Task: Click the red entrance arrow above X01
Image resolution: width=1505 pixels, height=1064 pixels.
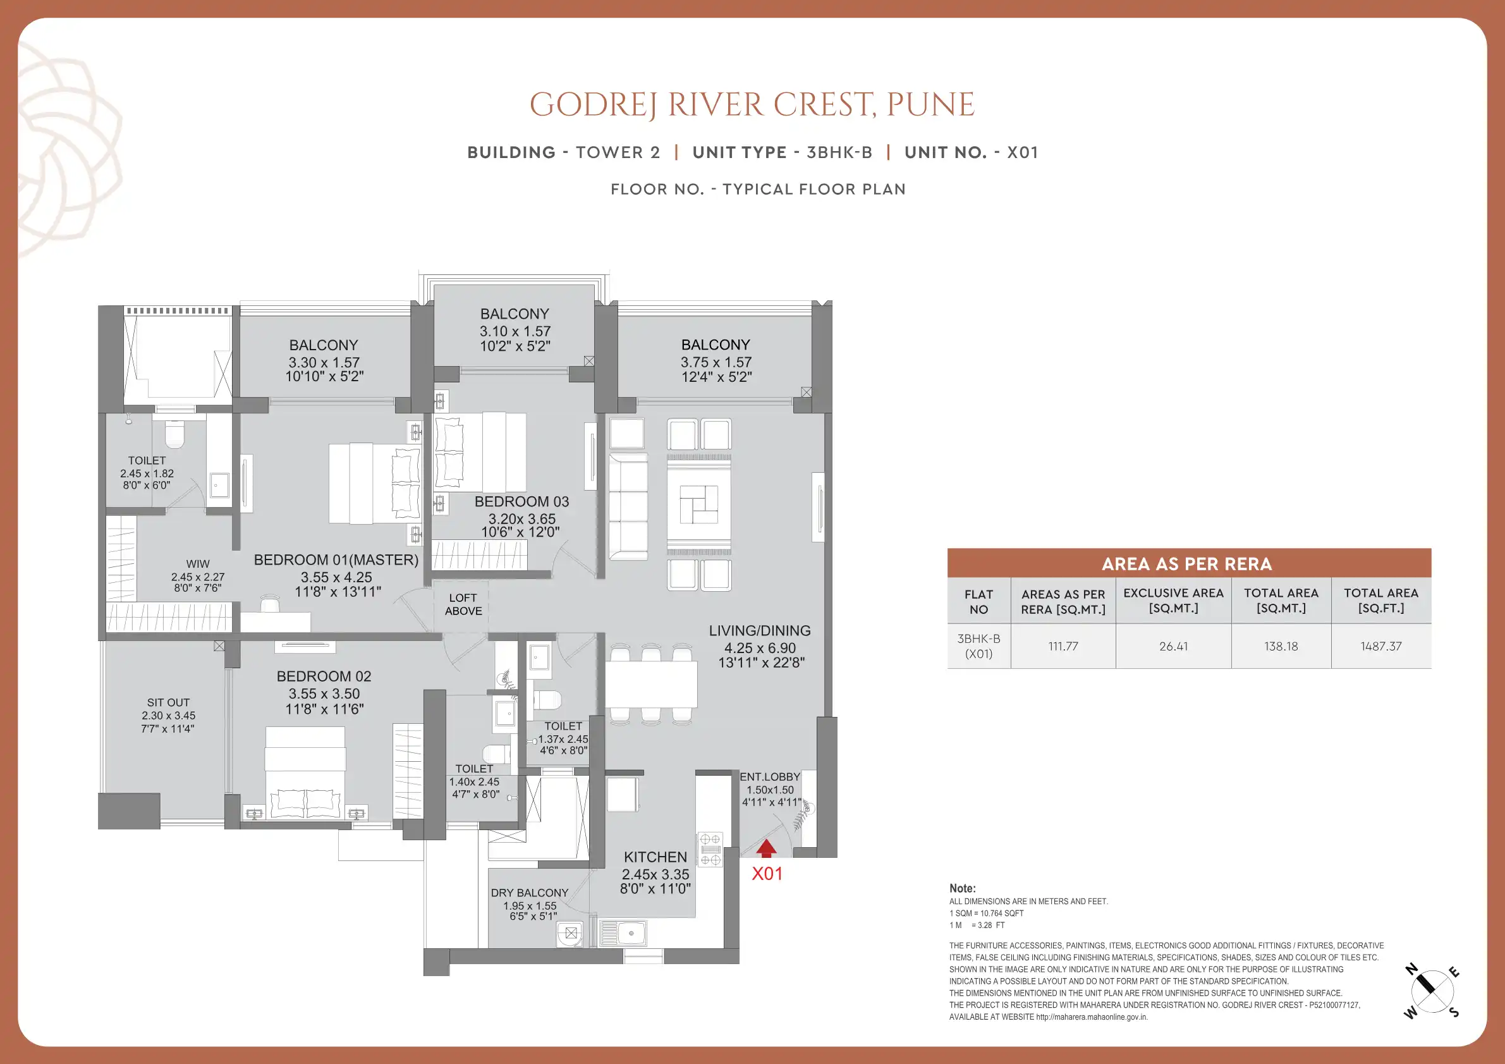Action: click(x=766, y=849)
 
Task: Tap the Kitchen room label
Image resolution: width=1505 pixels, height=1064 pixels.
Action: click(x=655, y=857)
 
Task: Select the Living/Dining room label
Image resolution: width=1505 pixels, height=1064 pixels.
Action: click(x=760, y=631)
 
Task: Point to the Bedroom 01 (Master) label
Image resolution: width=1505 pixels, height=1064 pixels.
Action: click(x=336, y=560)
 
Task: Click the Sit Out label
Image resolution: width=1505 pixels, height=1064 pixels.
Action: click(x=169, y=702)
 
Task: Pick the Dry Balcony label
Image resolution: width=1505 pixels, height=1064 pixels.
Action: click(x=530, y=893)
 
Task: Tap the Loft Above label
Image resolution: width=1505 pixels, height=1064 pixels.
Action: click(x=463, y=604)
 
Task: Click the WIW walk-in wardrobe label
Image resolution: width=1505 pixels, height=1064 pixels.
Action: click(x=198, y=564)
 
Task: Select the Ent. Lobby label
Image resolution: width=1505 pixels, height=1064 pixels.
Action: click(x=769, y=777)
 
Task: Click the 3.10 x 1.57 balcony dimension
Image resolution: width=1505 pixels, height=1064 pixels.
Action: click(x=515, y=331)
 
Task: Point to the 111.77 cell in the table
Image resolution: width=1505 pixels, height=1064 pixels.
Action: click(x=1063, y=646)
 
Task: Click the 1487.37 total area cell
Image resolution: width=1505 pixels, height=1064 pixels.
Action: click(x=1381, y=646)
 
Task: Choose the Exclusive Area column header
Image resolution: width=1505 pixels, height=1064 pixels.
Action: click(x=1173, y=601)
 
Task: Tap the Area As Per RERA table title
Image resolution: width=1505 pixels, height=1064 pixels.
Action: click(x=1187, y=564)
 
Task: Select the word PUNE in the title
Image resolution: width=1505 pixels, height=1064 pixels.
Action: click(x=931, y=105)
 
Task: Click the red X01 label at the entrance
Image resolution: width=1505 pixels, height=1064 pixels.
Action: click(x=767, y=873)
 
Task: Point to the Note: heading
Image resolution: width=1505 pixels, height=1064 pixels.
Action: click(x=962, y=888)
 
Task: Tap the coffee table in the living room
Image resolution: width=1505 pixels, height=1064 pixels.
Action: click(x=698, y=504)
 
